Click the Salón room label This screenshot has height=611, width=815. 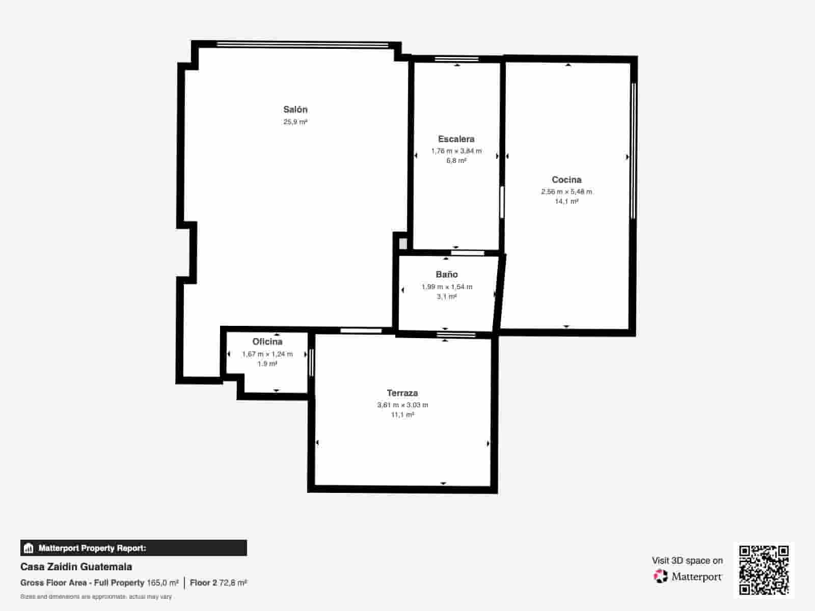pyautogui.click(x=295, y=109)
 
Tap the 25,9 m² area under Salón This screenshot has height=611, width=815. pyautogui.click(x=295, y=122)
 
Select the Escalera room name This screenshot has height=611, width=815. pyautogui.click(x=456, y=139)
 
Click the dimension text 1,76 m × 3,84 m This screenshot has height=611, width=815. pyautogui.click(x=456, y=151)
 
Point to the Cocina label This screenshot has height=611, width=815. pyautogui.click(x=566, y=180)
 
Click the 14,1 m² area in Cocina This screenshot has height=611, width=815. pyautogui.click(x=566, y=202)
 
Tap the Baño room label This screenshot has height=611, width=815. pyautogui.click(x=446, y=274)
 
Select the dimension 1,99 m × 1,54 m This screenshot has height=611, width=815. pyautogui.click(x=447, y=287)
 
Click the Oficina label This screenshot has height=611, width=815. pyautogui.click(x=267, y=342)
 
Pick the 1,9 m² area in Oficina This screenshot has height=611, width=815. pyautogui.click(x=267, y=364)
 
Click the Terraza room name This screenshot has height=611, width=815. pyautogui.click(x=402, y=393)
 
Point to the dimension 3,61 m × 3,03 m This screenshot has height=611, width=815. pyautogui.click(x=402, y=405)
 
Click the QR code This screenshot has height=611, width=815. pyautogui.click(x=764, y=570)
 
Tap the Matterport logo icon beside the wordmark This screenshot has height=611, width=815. pyautogui.click(x=661, y=576)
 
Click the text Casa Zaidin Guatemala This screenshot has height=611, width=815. pyautogui.click(x=76, y=567)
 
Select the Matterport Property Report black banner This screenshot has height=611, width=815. pyautogui.click(x=133, y=548)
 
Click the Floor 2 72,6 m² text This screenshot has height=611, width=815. pyautogui.click(x=218, y=582)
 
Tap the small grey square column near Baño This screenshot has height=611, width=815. pyautogui.click(x=403, y=243)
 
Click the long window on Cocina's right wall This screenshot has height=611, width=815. pyautogui.click(x=633, y=151)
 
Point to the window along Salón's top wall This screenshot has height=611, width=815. pyautogui.click(x=303, y=45)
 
